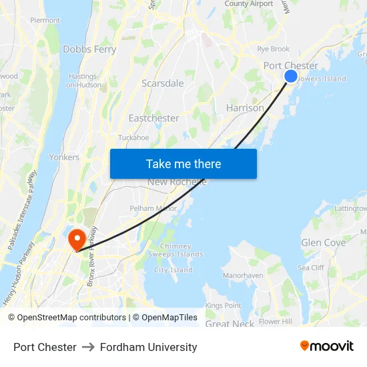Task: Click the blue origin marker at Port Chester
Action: click(x=291, y=76)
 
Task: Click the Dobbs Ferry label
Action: click(x=89, y=49)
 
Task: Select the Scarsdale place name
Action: click(x=162, y=83)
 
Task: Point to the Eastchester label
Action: click(x=153, y=118)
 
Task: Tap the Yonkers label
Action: click(x=64, y=157)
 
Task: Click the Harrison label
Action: click(x=245, y=107)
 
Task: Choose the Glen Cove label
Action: click(x=324, y=243)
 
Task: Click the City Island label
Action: click(x=173, y=270)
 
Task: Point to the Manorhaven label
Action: click(x=243, y=275)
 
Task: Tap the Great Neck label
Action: click(x=230, y=324)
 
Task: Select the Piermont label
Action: click(x=45, y=21)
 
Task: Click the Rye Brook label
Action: click(x=274, y=49)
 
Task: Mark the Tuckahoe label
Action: click(x=133, y=138)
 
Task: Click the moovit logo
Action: click(x=326, y=346)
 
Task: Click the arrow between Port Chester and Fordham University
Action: click(x=88, y=347)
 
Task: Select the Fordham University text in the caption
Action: click(x=148, y=347)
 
